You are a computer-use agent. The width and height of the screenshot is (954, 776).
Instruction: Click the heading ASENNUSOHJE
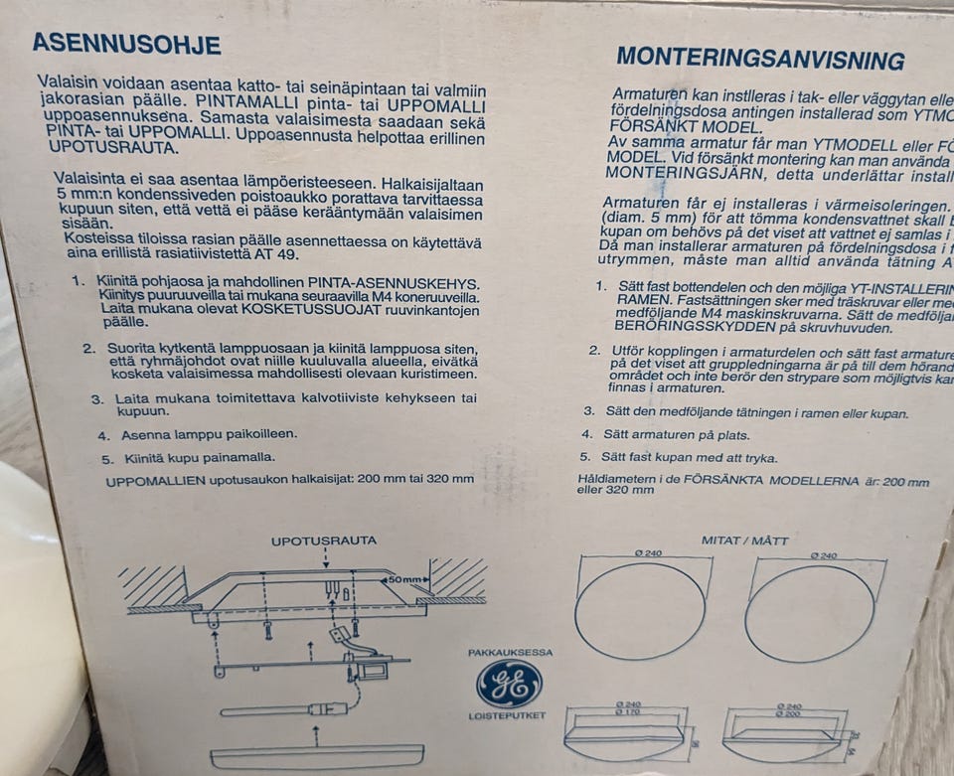click(126, 44)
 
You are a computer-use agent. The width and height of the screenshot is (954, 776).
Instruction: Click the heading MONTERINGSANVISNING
click(759, 59)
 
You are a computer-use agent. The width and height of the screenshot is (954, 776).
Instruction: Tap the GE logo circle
click(509, 685)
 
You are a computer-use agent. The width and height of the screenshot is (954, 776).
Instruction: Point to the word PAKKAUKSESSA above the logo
click(510, 653)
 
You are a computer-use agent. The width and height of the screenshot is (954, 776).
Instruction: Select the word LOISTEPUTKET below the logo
click(510, 716)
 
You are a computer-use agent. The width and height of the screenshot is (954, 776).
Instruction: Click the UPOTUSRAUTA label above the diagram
click(323, 541)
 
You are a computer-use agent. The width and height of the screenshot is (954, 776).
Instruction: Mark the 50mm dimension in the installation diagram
click(406, 578)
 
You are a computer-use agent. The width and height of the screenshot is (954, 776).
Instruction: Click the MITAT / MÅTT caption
click(744, 541)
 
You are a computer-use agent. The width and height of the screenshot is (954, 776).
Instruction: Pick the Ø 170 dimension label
click(628, 711)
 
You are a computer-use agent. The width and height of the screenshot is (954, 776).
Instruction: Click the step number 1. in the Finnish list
click(78, 281)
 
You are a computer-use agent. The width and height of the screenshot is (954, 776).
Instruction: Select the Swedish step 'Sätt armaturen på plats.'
click(676, 434)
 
